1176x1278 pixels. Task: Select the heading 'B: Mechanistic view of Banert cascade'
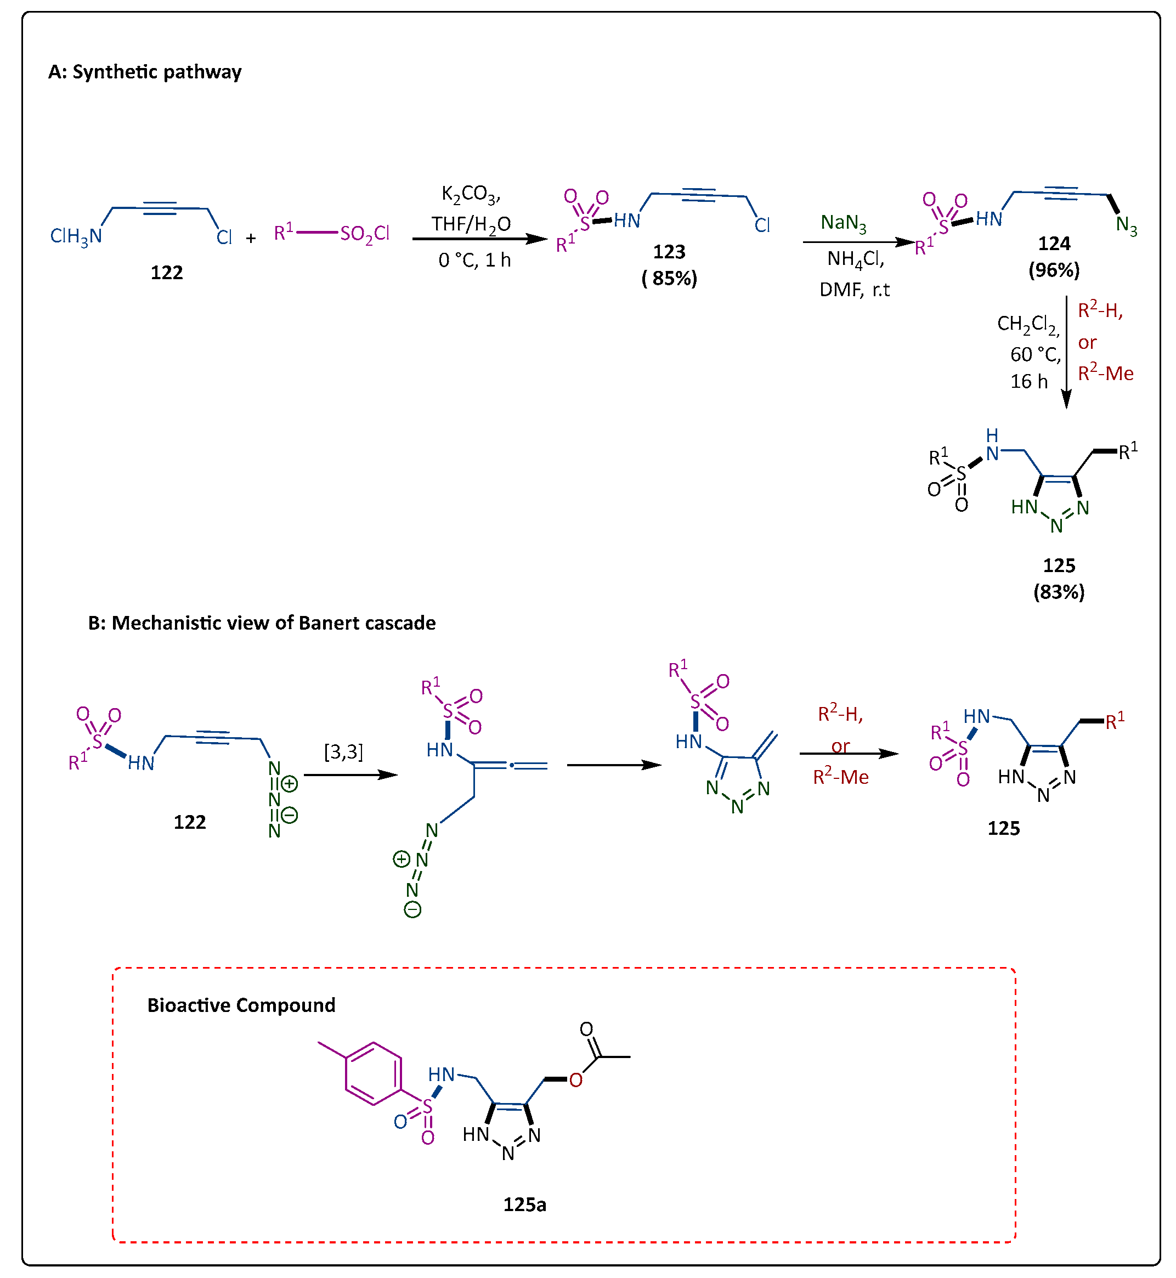coord(262,623)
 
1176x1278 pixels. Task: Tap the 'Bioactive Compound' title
coord(241,1005)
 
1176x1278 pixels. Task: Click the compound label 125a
coord(524,1204)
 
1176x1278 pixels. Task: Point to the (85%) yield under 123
coord(670,278)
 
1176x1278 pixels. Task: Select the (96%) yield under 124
coord(1054,270)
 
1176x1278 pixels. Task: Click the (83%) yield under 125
coord(1059,592)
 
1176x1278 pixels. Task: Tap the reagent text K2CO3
coord(471,194)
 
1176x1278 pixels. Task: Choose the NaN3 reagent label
coord(843,223)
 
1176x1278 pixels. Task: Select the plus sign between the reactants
coord(251,239)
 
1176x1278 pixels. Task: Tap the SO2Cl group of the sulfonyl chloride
coord(365,234)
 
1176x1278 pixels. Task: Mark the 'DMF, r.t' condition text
coord(854,290)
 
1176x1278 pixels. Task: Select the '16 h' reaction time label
coord(1028,381)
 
